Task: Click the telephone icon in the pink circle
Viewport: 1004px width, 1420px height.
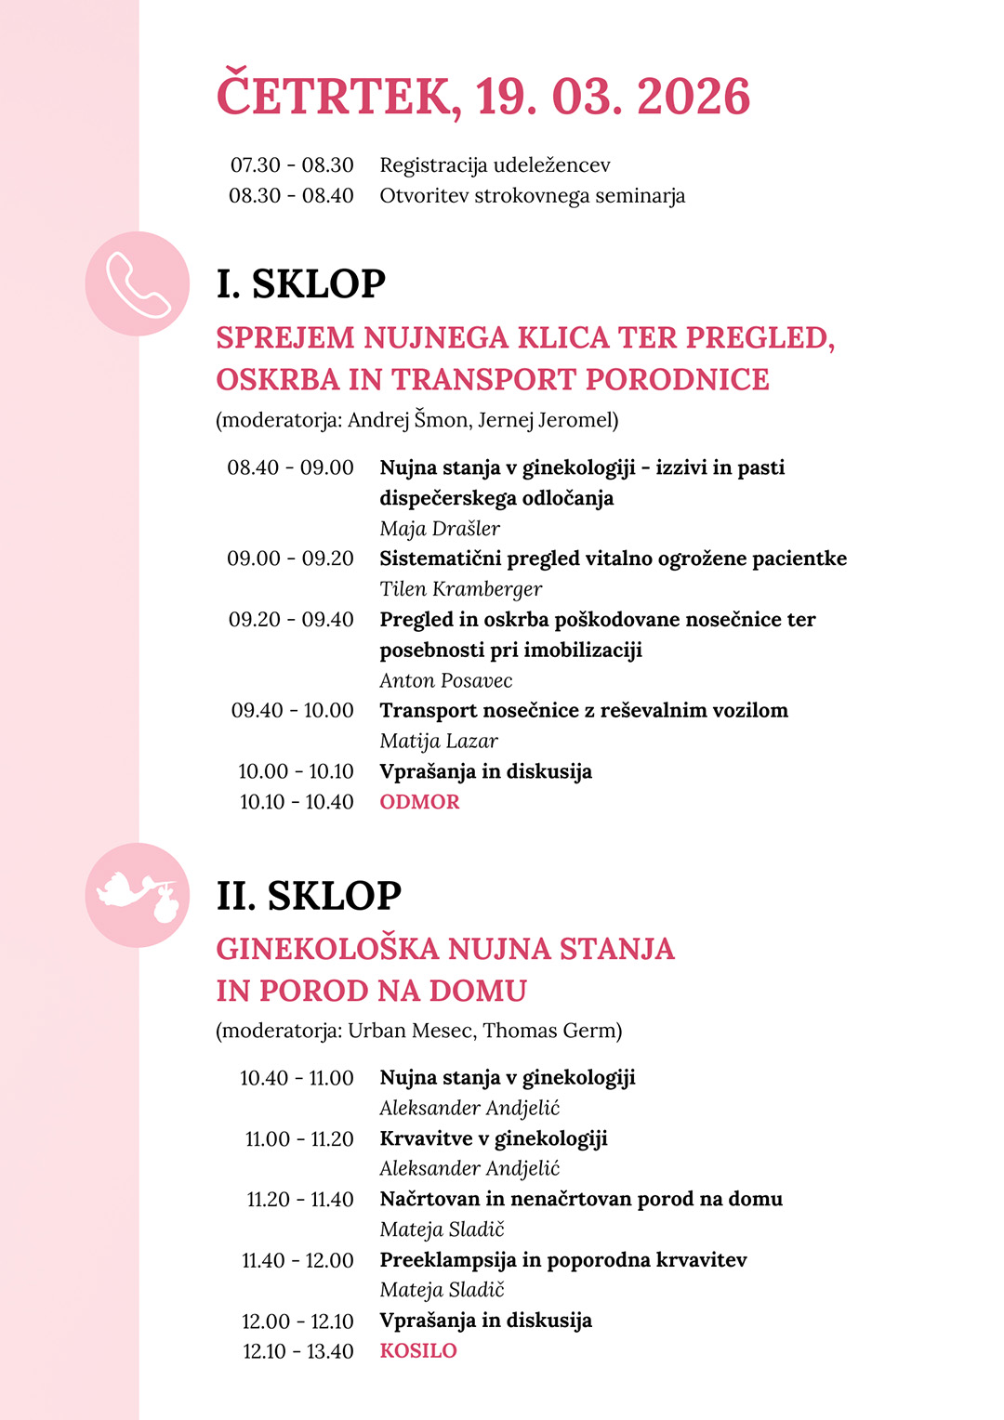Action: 138,283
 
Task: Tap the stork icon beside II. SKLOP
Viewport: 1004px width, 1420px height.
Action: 138,895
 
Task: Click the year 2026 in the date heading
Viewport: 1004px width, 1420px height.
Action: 694,97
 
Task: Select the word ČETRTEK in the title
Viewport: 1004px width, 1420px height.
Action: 334,97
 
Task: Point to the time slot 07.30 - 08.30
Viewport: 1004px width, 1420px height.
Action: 292,165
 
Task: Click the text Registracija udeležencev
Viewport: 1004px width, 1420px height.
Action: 495,165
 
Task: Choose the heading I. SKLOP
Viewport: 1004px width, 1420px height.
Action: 300,283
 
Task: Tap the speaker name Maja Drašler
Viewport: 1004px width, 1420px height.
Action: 440,529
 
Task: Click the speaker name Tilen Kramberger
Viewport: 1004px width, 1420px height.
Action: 460,589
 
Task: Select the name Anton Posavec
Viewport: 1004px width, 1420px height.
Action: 445,680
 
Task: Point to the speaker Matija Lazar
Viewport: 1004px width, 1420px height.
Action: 439,741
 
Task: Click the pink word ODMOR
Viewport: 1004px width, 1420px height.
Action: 419,802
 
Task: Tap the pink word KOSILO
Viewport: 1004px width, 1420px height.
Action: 418,1351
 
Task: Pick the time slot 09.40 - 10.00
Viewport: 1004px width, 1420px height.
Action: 292,711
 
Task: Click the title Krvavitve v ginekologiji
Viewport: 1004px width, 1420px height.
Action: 493,1138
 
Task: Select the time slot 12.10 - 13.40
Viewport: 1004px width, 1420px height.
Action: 297,1351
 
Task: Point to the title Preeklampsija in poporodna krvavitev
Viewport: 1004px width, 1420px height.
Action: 562,1260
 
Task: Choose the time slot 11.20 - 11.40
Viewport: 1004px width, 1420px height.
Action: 299,1200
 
